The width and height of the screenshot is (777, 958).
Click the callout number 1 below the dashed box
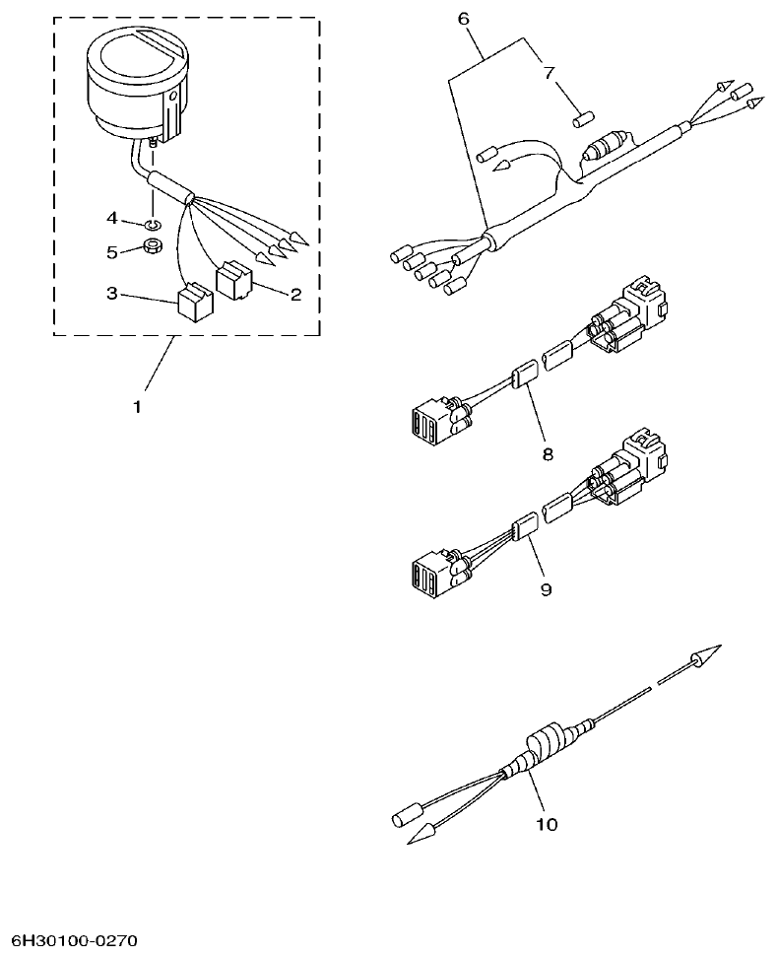tap(137, 405)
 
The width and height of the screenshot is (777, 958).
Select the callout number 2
tap(293, 294)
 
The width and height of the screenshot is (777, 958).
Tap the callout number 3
tap(113, 293)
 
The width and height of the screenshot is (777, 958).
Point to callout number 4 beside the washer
tap(112, 217)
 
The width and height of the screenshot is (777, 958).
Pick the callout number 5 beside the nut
tap(112, 252)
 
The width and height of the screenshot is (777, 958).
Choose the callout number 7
tap(549, 73)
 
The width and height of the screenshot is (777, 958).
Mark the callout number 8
tap(547, 454)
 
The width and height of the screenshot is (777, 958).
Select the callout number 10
tap(546, 824)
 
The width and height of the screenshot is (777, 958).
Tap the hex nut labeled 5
tap(153, 246)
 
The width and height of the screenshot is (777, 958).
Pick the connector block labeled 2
tap(233, 280)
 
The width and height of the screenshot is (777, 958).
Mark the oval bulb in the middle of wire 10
tap(545, 743)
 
